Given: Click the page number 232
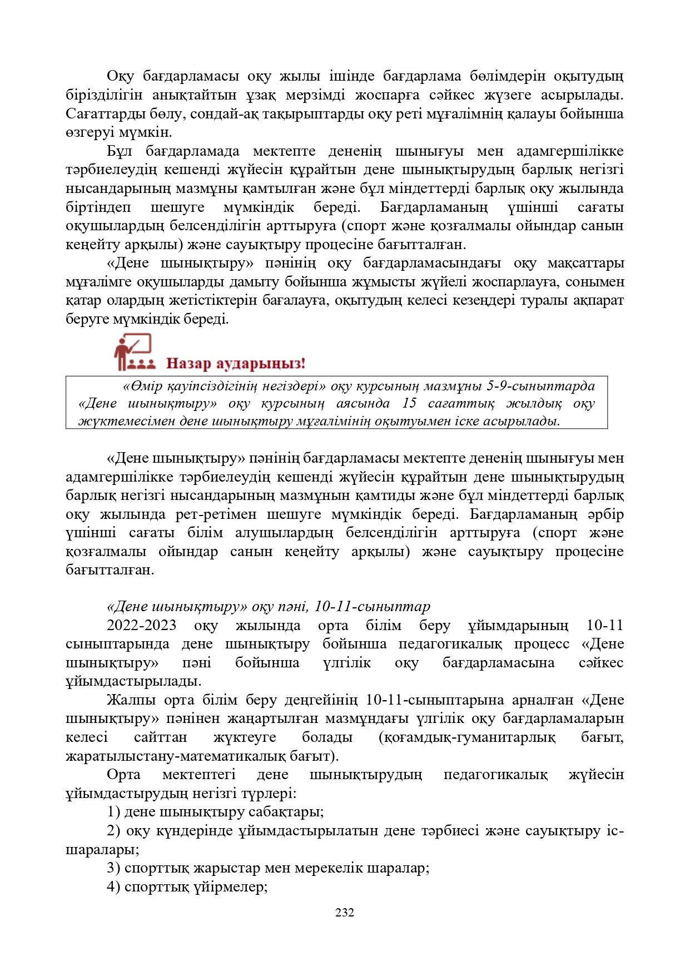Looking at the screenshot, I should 345,912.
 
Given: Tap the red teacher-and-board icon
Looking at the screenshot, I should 132,352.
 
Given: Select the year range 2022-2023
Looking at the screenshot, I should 142,625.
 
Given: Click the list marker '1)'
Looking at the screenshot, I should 114,811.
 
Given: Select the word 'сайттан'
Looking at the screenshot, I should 161,737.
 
